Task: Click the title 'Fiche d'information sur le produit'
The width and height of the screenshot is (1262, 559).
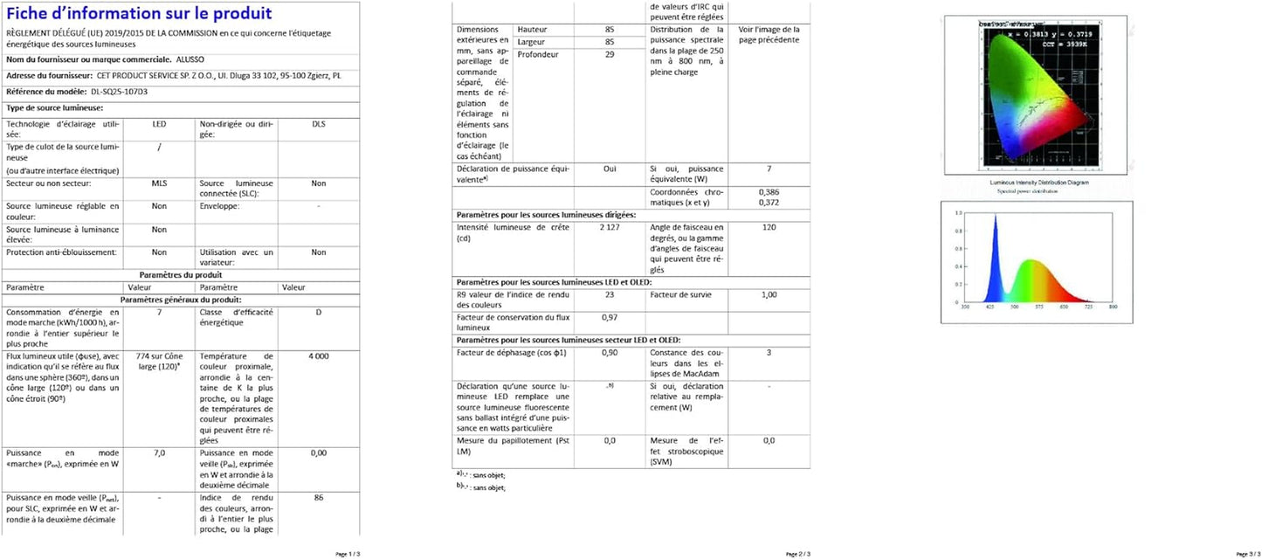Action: tap(139, 14)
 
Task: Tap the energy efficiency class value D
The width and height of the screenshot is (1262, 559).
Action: tap(319, 312)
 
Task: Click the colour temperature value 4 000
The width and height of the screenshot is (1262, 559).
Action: tap(319, 356)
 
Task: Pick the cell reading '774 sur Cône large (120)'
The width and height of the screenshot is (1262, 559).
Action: tap(159, 362)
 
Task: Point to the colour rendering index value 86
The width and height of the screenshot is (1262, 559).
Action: tap(319, 497)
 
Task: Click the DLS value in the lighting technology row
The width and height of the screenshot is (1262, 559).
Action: tap(319, 124)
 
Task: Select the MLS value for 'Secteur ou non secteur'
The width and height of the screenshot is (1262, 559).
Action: tap(159, 183)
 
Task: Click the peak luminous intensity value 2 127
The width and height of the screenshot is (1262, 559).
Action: tap(609, 227)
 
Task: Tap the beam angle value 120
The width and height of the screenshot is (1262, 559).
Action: tap(769, 227)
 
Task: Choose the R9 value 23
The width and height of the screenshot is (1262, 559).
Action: tap(609, 295)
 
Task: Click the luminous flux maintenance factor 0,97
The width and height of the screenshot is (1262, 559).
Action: tap(609, 317)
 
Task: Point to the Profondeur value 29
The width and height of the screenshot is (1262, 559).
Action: tap(609, 54)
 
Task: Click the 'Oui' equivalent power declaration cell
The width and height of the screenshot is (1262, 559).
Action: tap(609, 169)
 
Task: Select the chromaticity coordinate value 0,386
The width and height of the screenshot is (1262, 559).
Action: tap(769, 191)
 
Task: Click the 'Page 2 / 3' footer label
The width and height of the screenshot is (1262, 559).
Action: tap(798, 554)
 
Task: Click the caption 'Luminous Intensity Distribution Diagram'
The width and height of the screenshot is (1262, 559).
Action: tap(1038, 183)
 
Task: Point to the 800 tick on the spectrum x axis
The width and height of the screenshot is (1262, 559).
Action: tap(1112, 307)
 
